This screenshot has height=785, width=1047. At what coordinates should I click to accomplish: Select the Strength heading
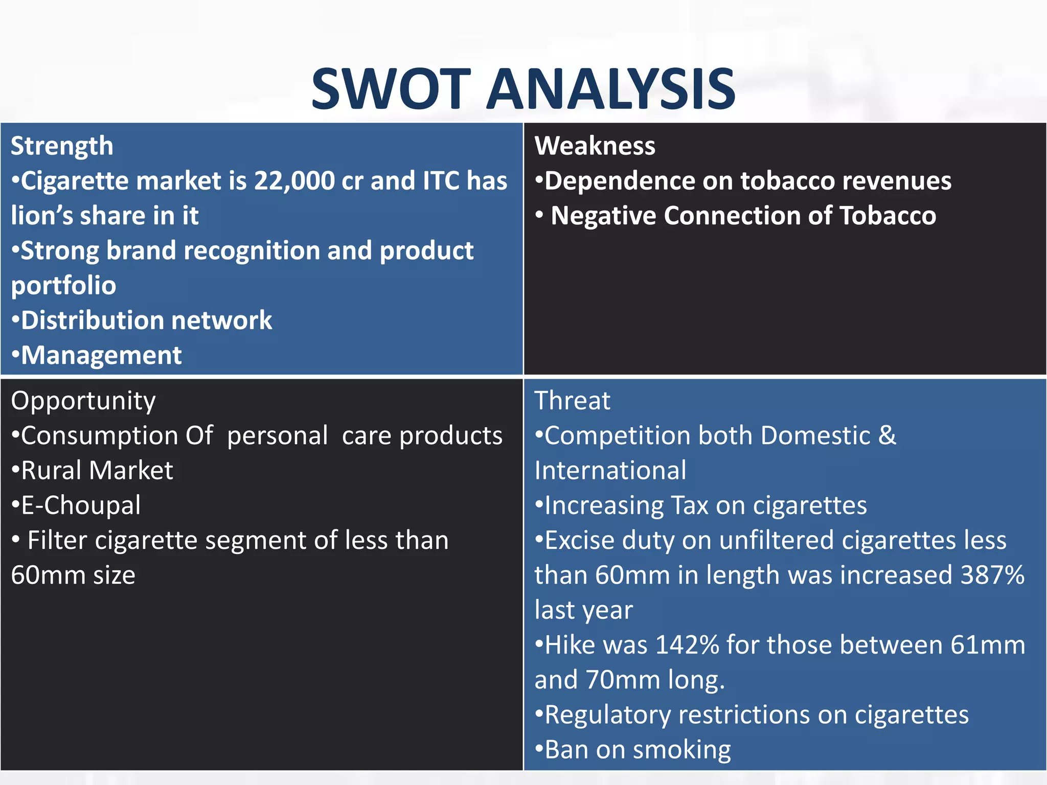(x=62, y=146)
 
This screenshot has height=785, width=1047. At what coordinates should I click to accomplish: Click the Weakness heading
(x=595, y=146)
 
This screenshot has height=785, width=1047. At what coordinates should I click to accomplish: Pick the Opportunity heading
(x=83, y=401)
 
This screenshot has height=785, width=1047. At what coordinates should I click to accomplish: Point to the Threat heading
(x=572, y=400)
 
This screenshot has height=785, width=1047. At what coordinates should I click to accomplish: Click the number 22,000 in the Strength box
(x=294, y=181)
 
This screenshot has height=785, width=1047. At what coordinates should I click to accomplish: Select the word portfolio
(x=63, y=285)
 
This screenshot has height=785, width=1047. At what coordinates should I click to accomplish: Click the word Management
(x=101, y=355)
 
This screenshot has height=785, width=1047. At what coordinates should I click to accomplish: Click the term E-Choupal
(x=81, y=505)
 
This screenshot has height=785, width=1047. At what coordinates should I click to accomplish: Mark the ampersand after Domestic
(x=887, y=436)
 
